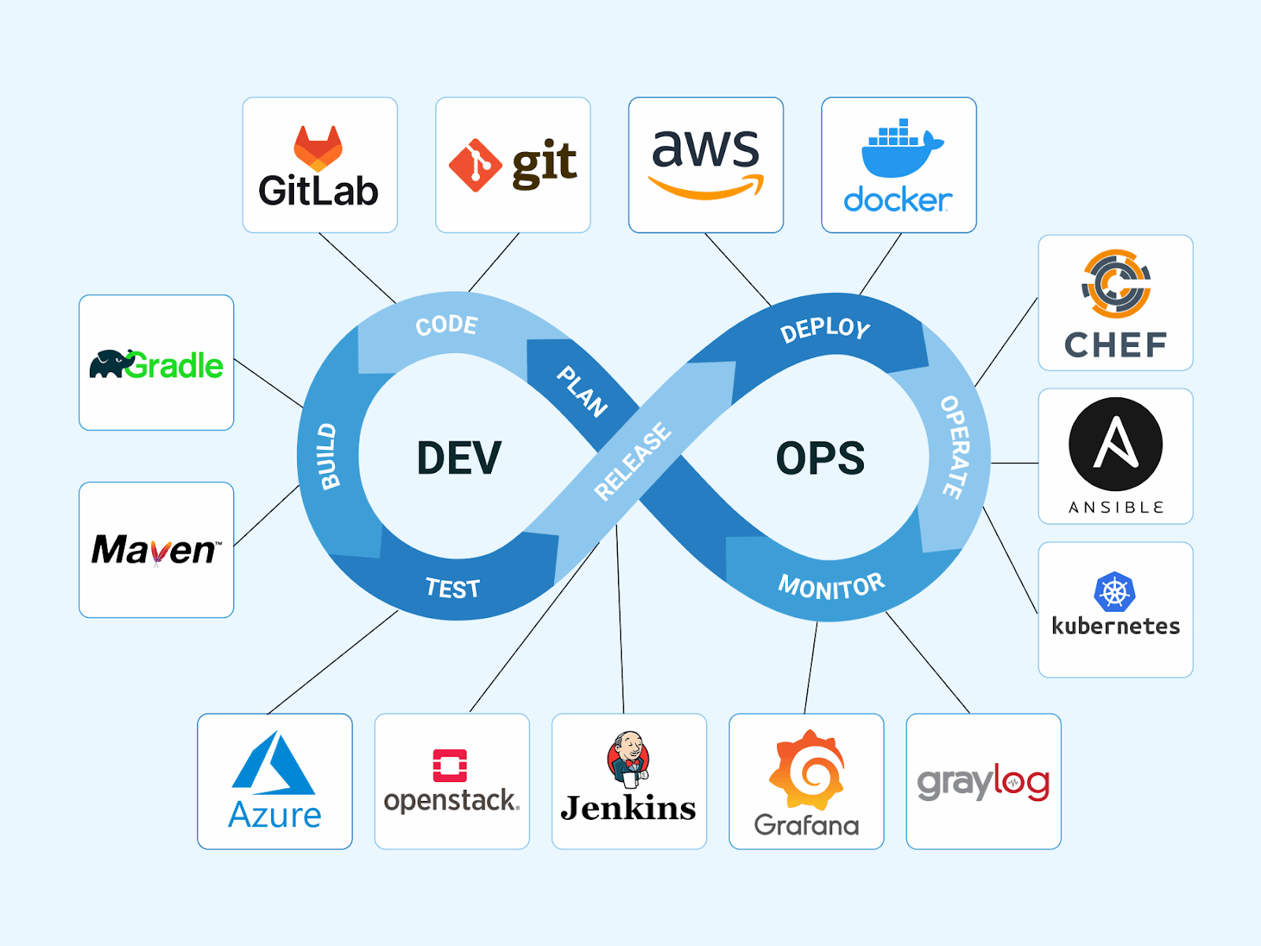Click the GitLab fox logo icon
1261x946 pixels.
[318, 148]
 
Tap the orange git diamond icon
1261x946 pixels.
[475, 166]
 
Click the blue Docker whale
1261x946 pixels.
[900, 149]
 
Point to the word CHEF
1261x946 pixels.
[1116, 345]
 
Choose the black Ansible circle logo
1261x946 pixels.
[1115, 445]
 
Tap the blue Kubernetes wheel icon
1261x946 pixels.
[1114, 591]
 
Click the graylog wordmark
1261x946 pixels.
[983, 782]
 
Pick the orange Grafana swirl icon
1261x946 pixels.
[806, 770]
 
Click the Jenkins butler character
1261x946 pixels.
[628, 759]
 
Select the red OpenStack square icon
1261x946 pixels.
[450, 765]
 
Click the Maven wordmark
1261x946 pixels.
[156, 549]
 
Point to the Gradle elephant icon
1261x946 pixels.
[108, 364]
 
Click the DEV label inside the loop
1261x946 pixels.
[459, 458]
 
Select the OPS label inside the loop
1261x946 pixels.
[820, 458]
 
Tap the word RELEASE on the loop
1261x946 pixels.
[632, 462]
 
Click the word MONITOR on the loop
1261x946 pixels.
[831, 586]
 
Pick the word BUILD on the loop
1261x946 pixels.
[328, 456]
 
